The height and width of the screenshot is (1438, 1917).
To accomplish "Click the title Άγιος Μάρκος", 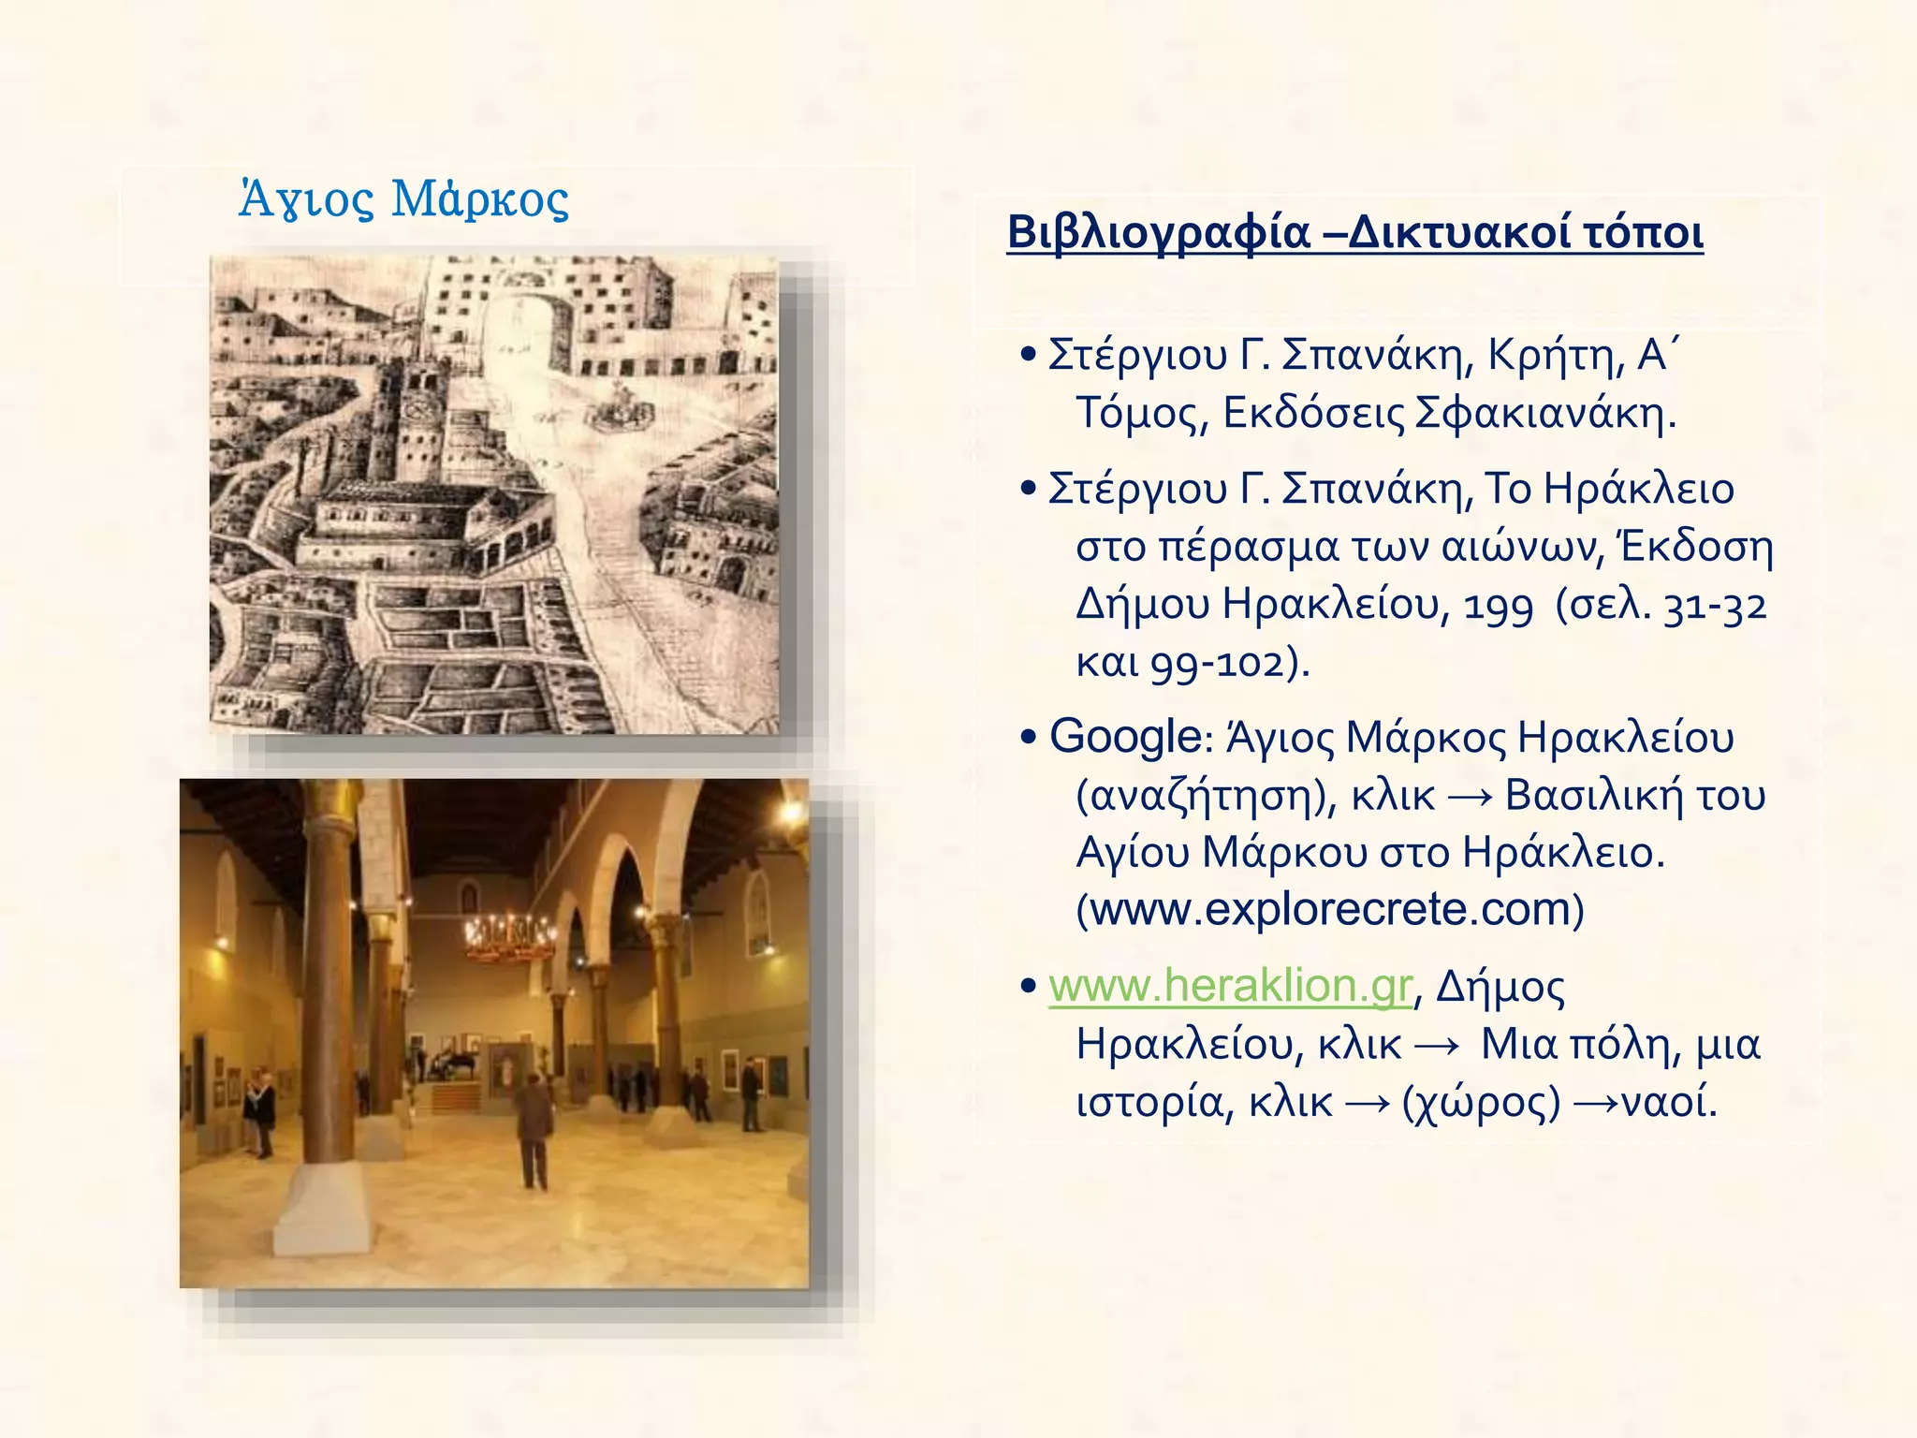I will [x=403, y=198].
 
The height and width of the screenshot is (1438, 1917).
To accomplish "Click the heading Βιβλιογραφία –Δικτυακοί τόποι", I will [x=1354, y=232].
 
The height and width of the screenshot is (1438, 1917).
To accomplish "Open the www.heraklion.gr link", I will [x=1229, y=986].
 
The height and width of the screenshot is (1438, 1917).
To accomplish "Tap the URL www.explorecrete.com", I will [x=1330, y=909].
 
